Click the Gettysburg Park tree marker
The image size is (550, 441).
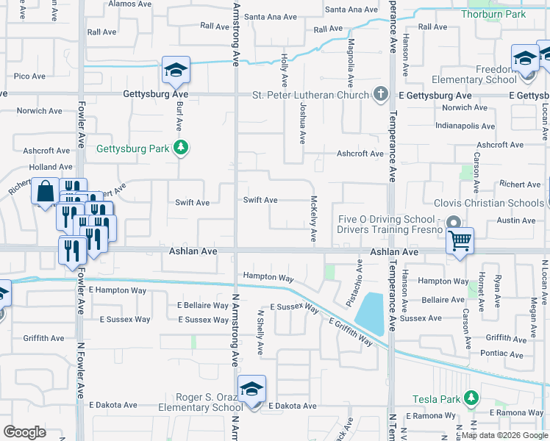(x=181, y=148)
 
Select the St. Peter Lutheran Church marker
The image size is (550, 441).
(x=380, y=95)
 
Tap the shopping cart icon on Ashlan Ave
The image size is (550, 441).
(x=460, y=240)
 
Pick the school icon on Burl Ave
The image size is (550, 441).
(x=176, y=71)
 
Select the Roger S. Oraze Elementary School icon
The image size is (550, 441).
(x=251, y=390)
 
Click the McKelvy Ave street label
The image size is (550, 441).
(x=314, y=219)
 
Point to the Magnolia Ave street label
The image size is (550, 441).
(x=351, y=62)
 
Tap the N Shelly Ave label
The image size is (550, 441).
(x=260, y=333)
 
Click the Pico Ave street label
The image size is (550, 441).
(x=30, y=76)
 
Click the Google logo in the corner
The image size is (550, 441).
(x=25, y=432)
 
